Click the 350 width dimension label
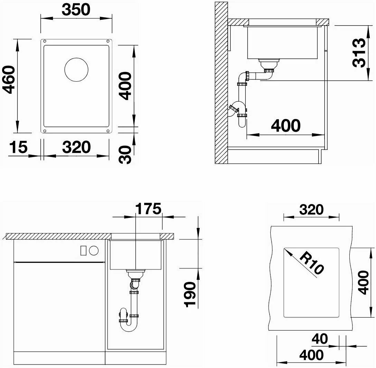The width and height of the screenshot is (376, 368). tap(76, 10)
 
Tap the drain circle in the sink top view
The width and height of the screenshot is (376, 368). tap(76, 70)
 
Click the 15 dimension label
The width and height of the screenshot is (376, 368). tap(18, 147)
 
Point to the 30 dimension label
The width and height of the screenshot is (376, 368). tap(125, 155)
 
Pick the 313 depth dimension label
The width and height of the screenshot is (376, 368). tap(359, 53)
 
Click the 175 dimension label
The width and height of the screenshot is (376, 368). tap(149, 208)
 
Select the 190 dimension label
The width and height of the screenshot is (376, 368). tap(190, 295)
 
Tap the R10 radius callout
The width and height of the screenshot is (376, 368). tap(311, 263)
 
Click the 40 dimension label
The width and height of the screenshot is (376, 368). tap(320, 339)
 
